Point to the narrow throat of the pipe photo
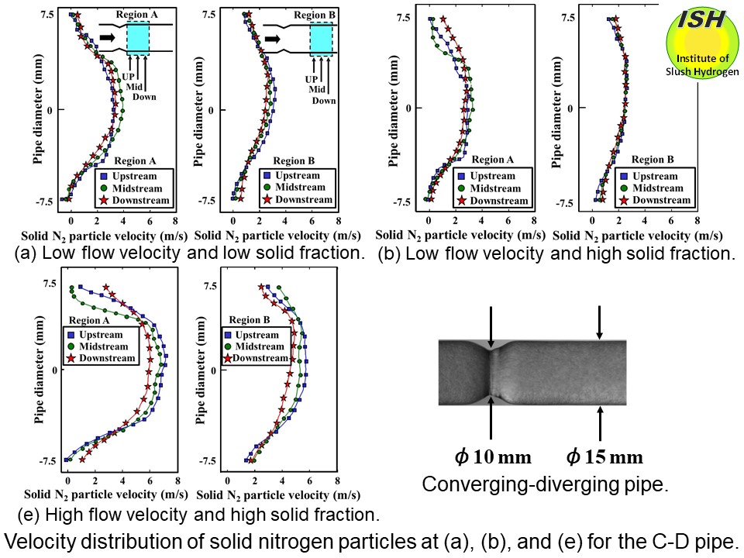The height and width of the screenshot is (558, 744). (491, 373)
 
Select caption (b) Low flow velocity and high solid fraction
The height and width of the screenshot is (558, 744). (556, 253)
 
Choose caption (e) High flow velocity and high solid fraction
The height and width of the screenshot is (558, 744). (198, 513)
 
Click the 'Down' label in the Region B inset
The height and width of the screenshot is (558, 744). (324, 101)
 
